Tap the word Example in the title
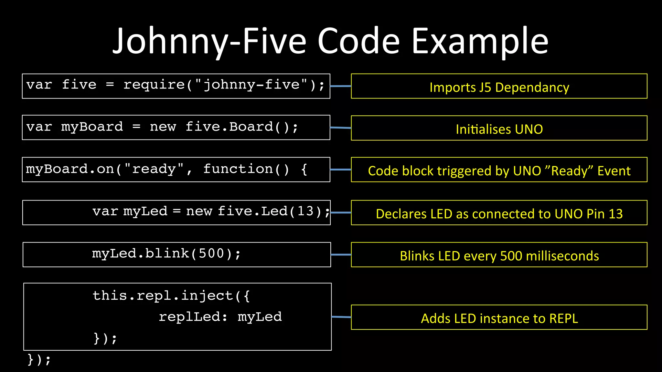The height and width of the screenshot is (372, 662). [x=480, y=41]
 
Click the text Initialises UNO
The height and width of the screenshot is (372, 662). [x=499, y=129]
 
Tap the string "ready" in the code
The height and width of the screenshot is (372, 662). [x=154, y=169]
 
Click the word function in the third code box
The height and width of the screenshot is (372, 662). [x=238, y=169]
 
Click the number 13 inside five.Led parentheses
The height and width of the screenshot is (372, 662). [x=305, y=211]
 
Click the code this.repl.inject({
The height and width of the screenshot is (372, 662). [x=171, y=296]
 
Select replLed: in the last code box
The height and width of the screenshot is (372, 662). [x=193, y=317]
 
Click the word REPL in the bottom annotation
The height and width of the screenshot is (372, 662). [x=563, y=318]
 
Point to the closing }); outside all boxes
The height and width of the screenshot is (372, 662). [x=39, y=359]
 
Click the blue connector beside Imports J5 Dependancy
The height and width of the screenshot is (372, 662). [x=341, y=86]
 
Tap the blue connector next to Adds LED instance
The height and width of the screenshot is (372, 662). [x=341, y=317]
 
